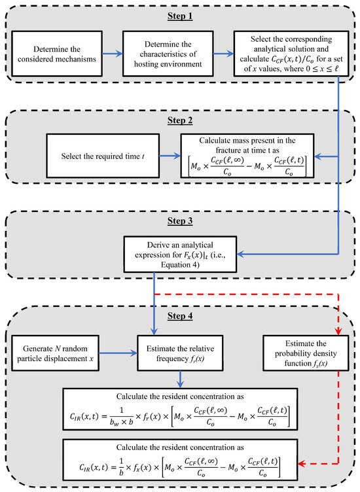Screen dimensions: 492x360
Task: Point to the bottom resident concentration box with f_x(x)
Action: [179, 463]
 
